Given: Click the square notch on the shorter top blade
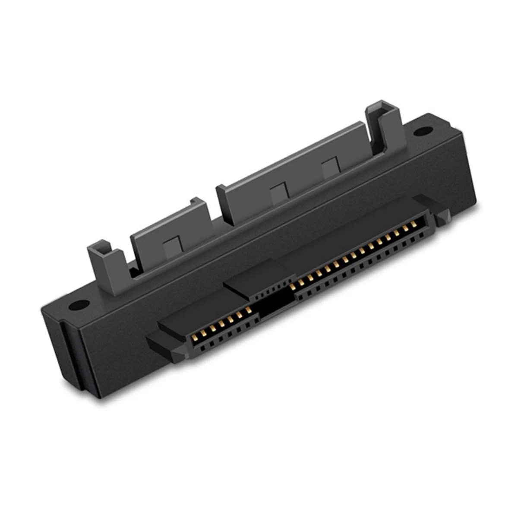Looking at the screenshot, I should (x=172, y=246).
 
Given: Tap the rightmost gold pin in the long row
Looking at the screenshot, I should (x=414, y=224).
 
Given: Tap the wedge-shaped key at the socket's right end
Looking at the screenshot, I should (x=441, y=219).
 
